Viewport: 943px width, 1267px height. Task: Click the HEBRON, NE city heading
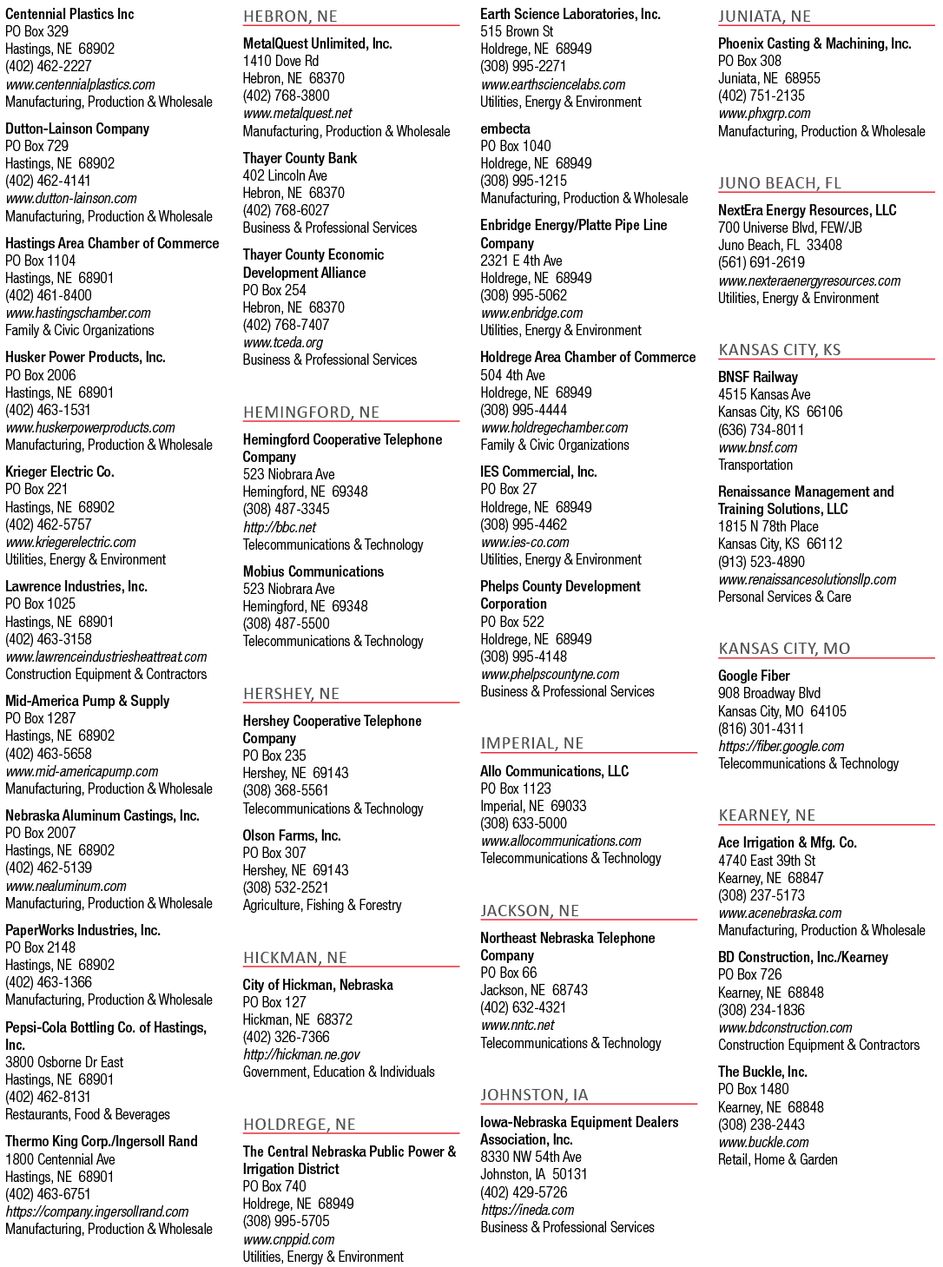(x=289, y=16)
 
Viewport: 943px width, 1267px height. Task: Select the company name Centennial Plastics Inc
(x=69, y=14)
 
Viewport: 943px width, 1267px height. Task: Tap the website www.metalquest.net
(x=297, y=113)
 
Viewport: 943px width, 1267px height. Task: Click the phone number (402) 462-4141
(x=48, y=181)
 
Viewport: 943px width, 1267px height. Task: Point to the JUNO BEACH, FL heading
(x=780, y=182)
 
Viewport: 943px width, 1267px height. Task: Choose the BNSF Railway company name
(x=757, y=377)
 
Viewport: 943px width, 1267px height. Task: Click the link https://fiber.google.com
(x=781, y=746)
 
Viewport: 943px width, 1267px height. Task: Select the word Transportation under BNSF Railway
(x=755, y=465)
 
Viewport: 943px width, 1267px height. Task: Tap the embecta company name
(x=504, y=129)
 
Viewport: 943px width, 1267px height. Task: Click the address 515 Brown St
(x=517, y=31)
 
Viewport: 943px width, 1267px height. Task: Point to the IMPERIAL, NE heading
(x=531, y=743)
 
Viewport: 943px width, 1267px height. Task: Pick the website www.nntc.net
(x=518, y=1026)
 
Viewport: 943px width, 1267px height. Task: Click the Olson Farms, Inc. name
(x=291, y=835)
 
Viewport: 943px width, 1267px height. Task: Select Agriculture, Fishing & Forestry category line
(x=322, y=906)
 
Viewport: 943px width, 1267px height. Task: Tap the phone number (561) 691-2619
(x=762, y=263)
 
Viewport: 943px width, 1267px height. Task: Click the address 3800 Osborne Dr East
(x=64, y=1063)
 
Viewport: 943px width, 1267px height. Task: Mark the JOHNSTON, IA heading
(x=534, y=1095)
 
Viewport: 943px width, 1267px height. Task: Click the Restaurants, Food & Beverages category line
(x=88, y=1114)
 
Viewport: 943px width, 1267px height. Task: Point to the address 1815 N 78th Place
(x=768, y=526)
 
